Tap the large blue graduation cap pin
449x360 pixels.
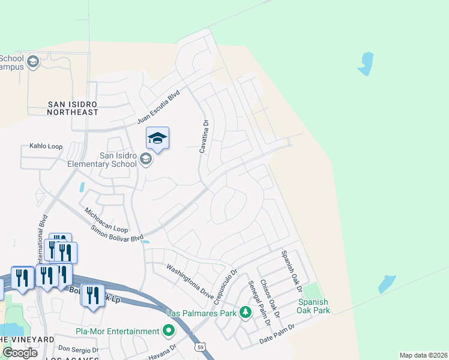click(x=157, y=139)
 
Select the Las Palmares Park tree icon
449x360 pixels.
click(x=245, y=312)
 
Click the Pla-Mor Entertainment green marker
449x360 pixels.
click(x=169, y=331)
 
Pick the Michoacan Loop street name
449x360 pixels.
click(x=106, y=221)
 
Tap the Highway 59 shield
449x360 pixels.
click(x=199, y=347)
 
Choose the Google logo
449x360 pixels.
click(x=20, y=352)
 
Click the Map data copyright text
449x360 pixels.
click(x=423, y=355)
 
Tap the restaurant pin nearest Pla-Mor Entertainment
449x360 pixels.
click(x=92, y=296)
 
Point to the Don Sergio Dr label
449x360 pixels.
click(x=78, y=349)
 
